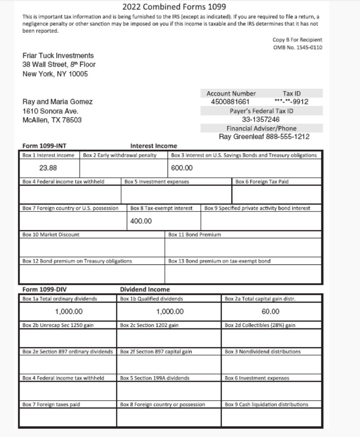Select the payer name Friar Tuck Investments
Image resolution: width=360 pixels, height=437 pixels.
[x=58, y=56]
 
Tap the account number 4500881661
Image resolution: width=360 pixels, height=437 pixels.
[x=227, y=102]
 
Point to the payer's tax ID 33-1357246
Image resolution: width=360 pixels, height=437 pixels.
[x=261, y=119]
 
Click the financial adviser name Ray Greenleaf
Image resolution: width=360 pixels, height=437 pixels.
[x=243, y=137]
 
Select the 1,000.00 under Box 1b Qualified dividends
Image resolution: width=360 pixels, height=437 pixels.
[x=170, y=312]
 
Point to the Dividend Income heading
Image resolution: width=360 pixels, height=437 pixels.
[x=145, y=289]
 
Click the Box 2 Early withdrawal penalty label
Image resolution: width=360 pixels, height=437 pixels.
[x=119, y=155]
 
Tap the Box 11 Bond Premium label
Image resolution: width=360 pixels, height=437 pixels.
[x=195, y=235]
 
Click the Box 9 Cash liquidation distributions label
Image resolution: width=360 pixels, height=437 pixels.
[x=266, y=404]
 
